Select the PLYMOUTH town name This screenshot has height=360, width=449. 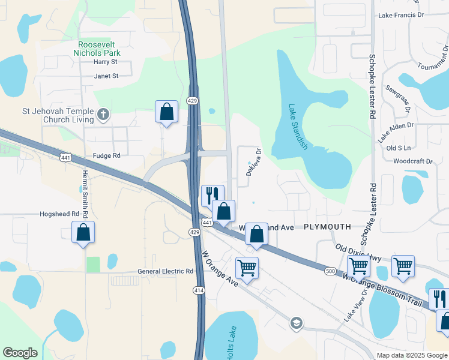(x=327, y=227)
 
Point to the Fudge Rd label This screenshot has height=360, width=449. (x=106, y=155)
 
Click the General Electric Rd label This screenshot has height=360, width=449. (x=165, y=271)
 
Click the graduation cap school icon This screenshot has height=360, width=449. (x=295, y=323)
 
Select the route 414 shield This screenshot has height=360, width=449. (x=197, y=290)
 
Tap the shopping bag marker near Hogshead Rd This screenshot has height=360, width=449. (x=83, y=232)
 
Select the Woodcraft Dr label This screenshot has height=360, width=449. (x=413, y=161)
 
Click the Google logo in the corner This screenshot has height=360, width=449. (x=20, y=353)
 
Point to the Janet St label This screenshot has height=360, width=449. (x=106, y=76)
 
